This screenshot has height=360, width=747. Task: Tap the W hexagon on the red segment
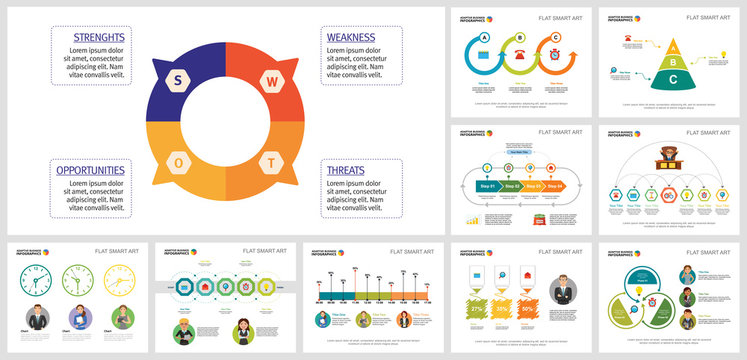tap(270, 80)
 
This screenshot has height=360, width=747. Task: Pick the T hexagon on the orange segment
tap(270, 162)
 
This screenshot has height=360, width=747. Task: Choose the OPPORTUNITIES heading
tap(90, 170)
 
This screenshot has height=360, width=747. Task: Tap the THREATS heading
tap(346, 170)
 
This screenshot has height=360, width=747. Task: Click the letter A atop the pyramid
tap(675, 45)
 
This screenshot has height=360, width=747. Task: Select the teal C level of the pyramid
tap(675, 79)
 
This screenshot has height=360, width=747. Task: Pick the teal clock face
tap(37, 283)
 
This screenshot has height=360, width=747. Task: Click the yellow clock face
tap(120, 283)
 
